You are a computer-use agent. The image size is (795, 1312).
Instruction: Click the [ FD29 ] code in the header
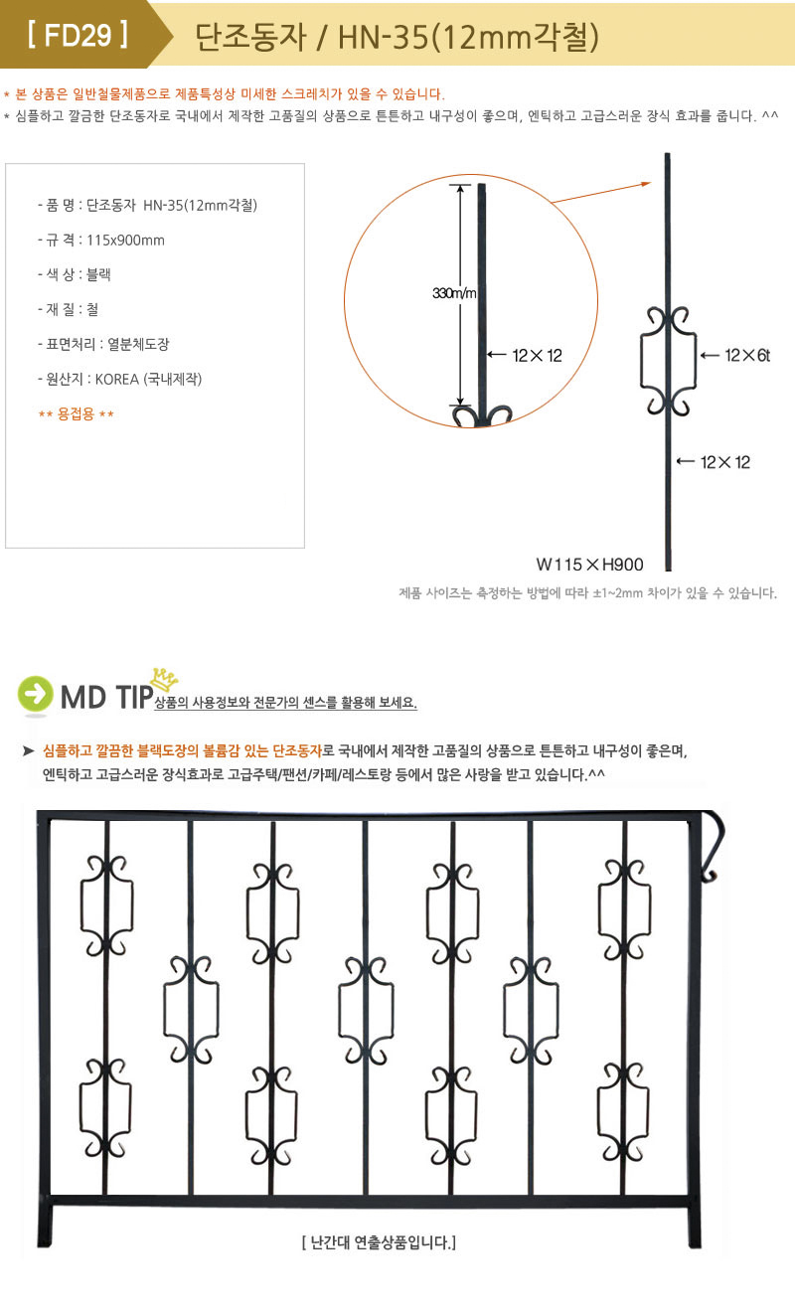coord(78,35)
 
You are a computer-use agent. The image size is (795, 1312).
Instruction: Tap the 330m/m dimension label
coord(454,293)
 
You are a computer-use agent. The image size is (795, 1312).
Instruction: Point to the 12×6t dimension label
coord(747,355)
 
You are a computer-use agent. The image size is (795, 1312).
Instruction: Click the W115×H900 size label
coord(589,564)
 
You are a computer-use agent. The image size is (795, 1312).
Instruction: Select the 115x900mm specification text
coord(125,241)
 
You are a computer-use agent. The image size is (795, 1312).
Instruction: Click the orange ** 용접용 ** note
coord(77,414)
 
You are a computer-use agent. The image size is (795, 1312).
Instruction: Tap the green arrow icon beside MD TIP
coord(35,694)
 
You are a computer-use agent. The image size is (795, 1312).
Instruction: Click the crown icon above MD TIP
coord(165,679)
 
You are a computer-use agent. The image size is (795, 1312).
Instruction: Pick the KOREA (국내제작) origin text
coord(148,379)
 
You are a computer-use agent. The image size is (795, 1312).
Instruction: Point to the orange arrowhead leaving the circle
coord(645,184)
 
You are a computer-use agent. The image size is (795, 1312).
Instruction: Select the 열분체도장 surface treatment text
coord(138,344)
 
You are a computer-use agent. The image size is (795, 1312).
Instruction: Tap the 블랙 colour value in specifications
coord(98,274)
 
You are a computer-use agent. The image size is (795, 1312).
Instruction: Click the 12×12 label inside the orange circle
coord(537,355)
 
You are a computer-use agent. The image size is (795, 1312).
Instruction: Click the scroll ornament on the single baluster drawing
coord(668,361)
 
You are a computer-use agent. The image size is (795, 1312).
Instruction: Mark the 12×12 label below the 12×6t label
coord(724,462)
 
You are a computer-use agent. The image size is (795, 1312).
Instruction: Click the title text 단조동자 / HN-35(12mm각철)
coord(397,37)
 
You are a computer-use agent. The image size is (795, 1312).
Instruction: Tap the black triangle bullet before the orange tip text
coord(28,750)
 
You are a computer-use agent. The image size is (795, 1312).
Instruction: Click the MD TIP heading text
coord(106,697)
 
